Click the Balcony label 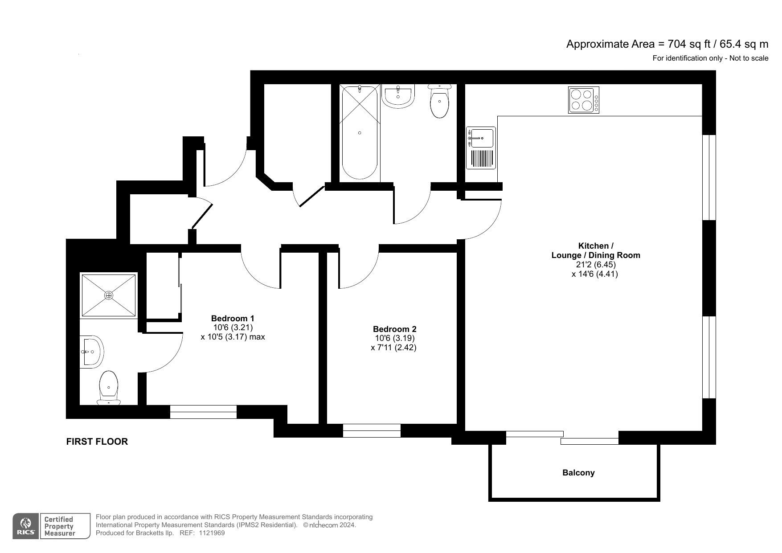point(578,473)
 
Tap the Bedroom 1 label point(233,319)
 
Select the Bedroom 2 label point(395,329)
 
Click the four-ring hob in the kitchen point(584,100)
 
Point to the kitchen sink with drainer point(481,148)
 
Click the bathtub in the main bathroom point(360,132)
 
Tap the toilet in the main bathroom point(440,101)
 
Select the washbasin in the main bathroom point(398,96)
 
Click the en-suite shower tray point(109,295)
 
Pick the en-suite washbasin point(92,352)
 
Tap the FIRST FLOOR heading point(97,442)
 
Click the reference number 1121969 point(212,533)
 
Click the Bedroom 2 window point(372,430)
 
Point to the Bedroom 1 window point(203,412)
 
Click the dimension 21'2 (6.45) point(596,265)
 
